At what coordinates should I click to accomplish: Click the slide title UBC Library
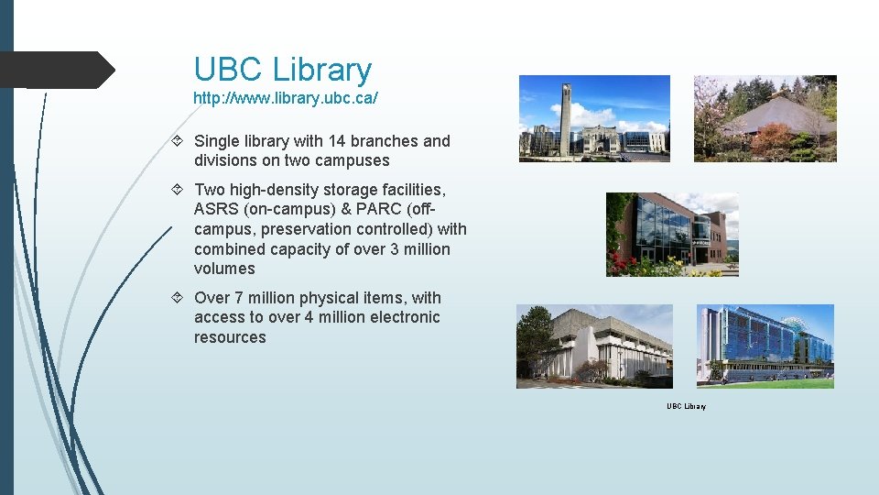pyautogui.click(x=282, y=70)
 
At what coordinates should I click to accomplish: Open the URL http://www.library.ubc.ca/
pyautogui.click(x=285, y=97)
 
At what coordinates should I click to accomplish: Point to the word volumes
pyautogui.click(x=224, y=269)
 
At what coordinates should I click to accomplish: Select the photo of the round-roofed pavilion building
pyautogui.click(x=765, y=118)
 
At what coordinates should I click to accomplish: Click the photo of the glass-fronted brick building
pyautogui.click(x=671, y=235)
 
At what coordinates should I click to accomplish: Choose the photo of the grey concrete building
pyautogui.click(x=593, y=346)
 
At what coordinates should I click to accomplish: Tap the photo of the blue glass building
pyautogui.click(x=765, y=346)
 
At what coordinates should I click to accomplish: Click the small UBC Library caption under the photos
pyautogui.click(x=686, y=406)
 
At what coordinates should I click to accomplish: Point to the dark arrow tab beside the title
pyautogui.click(x=57, y=70)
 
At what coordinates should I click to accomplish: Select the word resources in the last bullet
pyautogui.click(x=230, y=337)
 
